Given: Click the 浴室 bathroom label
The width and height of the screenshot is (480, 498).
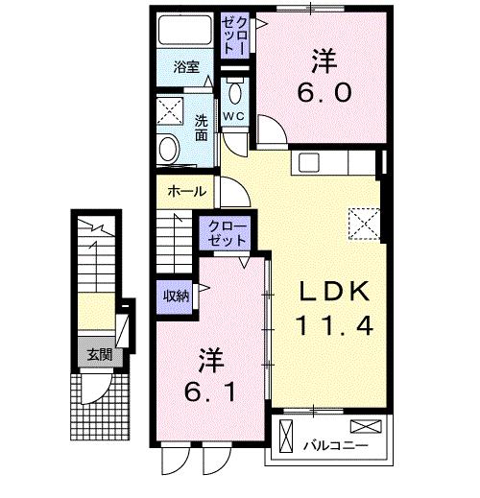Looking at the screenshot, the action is [186, 67].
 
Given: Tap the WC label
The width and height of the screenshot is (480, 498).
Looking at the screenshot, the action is [234, 116].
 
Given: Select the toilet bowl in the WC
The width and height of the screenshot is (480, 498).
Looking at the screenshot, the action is [235, 92].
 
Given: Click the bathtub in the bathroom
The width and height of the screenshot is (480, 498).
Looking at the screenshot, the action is [185, 30].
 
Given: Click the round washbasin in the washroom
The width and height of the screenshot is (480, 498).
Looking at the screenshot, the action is [169, 150].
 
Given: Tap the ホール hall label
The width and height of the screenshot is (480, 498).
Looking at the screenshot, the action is [187, 191].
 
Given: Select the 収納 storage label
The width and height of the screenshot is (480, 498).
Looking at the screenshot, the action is [176, 296].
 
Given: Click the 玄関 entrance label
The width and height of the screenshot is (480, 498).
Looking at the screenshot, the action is [100, 354].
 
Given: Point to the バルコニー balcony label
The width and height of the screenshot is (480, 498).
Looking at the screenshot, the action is [335, 445].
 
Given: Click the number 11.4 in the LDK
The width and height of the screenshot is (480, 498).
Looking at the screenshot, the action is [334, 325].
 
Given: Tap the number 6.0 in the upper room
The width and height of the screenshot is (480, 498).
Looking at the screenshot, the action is [324, 92].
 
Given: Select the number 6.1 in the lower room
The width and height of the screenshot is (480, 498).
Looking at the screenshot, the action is [210, 392].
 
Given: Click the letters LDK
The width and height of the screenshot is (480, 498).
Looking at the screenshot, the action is [334, 291].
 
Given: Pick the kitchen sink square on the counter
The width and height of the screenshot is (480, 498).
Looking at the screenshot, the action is [309, 162].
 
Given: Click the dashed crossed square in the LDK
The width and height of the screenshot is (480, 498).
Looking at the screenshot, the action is [364, 224].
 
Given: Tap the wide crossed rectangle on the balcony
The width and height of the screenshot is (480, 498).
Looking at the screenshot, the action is [366, 426].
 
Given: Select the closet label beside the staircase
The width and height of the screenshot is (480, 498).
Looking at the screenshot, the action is [228, 234].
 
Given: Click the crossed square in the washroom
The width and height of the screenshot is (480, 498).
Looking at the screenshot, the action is [170, 111].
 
